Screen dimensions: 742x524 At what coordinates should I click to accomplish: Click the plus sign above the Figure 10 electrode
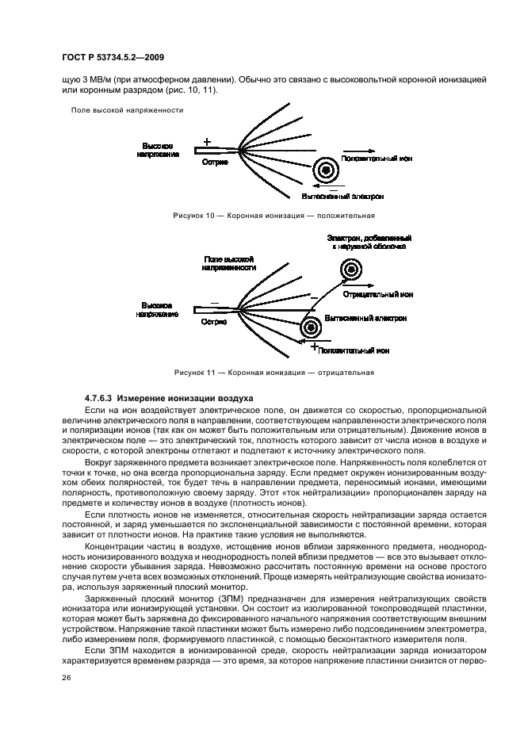coord(208,142)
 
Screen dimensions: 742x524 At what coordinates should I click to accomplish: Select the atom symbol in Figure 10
coord(325,170)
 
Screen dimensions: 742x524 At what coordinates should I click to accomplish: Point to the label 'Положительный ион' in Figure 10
coord(377,159)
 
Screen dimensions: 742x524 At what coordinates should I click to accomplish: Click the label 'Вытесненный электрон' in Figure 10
coord(343,195)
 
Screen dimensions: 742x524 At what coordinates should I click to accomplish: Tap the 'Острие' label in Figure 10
coord(215,162)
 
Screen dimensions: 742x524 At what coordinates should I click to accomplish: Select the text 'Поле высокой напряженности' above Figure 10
coord(127,110)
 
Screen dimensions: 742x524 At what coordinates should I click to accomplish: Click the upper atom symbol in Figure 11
coord(350,270)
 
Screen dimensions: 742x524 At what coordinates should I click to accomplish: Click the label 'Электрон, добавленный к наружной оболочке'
coord(369,243)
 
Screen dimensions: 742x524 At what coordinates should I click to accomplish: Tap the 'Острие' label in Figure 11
coord(214,322)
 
